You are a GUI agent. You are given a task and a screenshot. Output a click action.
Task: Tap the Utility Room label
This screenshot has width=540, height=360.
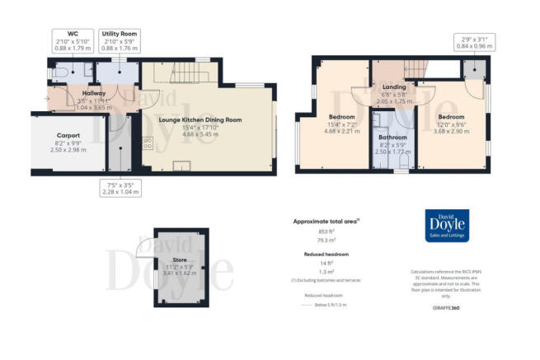pos(120,34)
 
